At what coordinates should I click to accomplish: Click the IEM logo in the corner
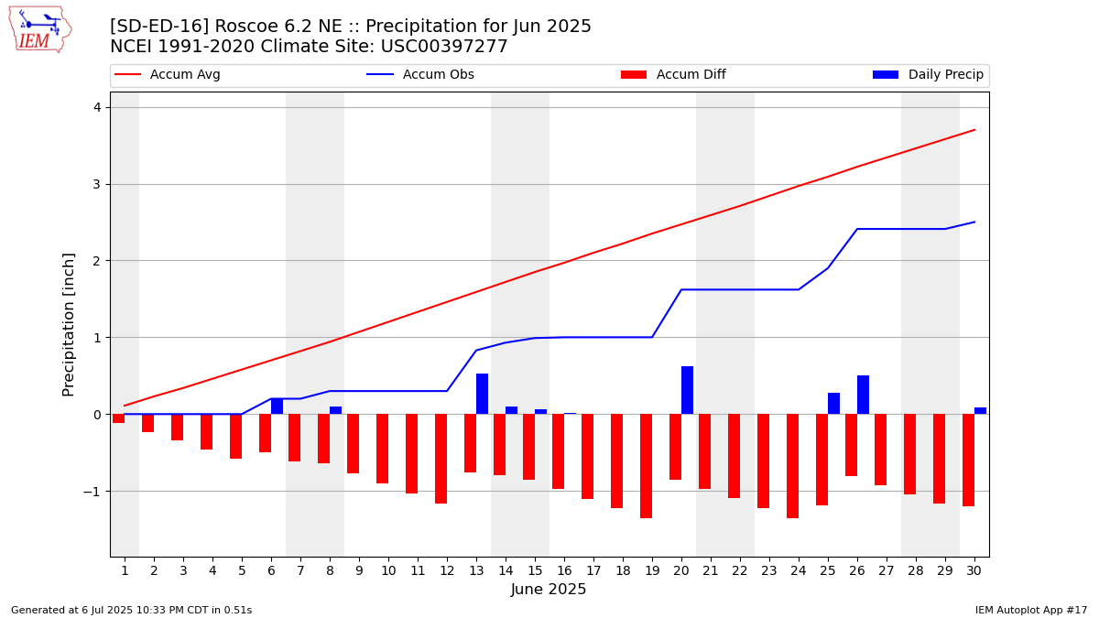point(40,29)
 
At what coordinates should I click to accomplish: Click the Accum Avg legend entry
point(168,74)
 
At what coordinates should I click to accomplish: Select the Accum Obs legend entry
point(420,74)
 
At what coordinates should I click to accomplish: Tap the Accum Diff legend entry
point(673,74)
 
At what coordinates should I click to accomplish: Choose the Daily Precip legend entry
point(928,74)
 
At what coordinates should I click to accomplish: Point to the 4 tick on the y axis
point(97,107)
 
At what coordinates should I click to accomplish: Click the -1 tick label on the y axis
point(92,492)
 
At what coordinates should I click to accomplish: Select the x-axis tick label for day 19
point(652,571)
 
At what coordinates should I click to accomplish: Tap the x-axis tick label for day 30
point(974,571)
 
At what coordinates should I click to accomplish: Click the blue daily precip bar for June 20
point(688,390)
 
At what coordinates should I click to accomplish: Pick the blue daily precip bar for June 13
point(483,394)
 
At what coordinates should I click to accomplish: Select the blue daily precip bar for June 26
point(863,395)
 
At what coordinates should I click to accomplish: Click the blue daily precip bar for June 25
point(833,403)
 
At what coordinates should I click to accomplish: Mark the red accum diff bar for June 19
point(647,466)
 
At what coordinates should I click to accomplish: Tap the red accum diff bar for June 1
point(119,418)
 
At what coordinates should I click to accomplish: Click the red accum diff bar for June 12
point(441,459)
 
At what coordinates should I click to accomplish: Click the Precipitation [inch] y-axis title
point(68,325)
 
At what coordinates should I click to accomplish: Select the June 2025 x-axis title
point(549,589)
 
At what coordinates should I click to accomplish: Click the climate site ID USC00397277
point(444,47)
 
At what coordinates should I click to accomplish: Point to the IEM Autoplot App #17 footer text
point(1031,610)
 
